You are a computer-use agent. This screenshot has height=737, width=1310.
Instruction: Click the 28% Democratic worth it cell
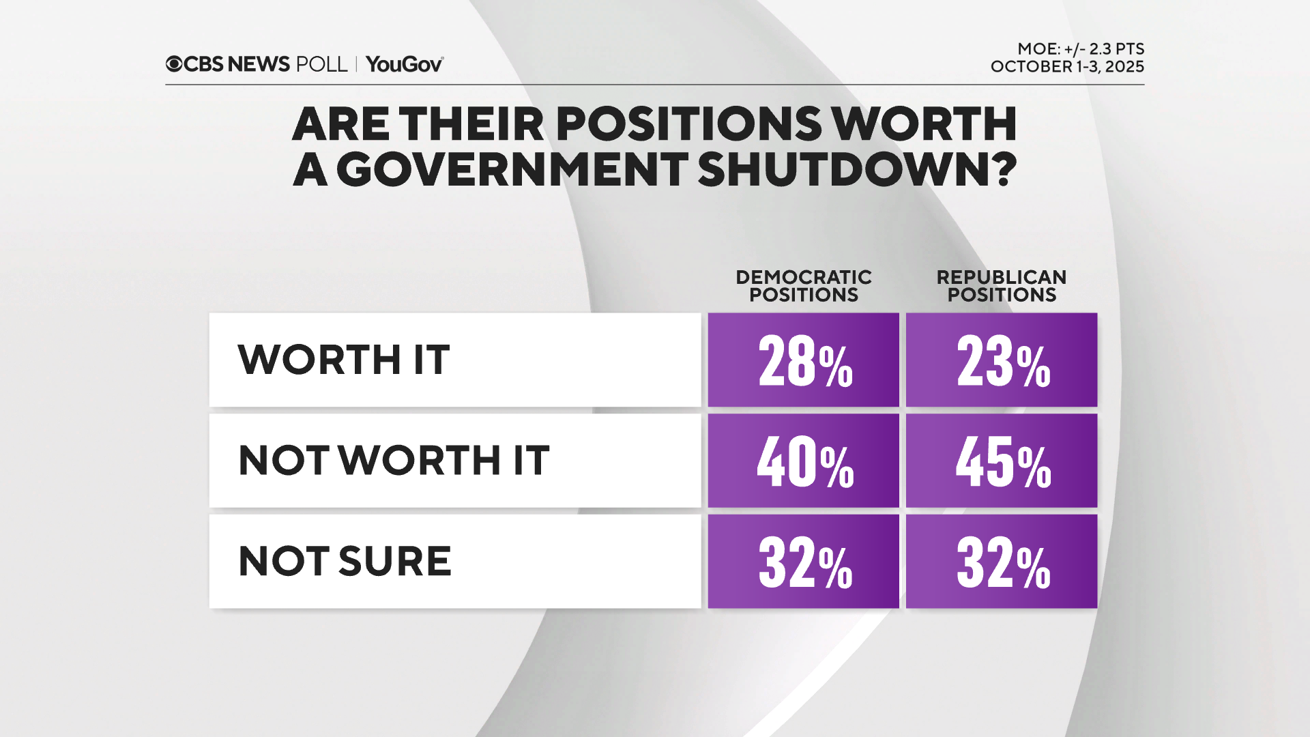click(x=803, y=360)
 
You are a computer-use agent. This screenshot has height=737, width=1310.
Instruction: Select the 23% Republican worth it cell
click(x=1001, y=360)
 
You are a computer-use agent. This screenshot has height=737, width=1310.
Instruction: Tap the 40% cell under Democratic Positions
click(x=803, y=461)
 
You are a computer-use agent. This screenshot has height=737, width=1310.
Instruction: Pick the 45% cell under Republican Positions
click(x=1001, y=461)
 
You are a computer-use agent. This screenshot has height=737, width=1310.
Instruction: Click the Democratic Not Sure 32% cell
click(x=803, y=562)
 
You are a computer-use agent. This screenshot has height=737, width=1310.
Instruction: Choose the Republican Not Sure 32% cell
click(x=1001, y=562)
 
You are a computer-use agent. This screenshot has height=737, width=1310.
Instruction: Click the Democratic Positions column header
click(x=803, y=286)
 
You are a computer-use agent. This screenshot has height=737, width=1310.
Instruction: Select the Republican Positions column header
click(x=1001, y=286)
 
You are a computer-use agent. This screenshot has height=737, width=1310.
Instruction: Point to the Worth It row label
click(x=343, y=360)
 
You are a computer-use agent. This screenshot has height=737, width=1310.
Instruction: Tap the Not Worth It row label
click(x=394, y=461)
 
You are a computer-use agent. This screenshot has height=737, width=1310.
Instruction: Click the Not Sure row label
click(x=345, y=562)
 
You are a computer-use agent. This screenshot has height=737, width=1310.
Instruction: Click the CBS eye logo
click(x=174, y=64)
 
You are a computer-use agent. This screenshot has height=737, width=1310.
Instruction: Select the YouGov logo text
click(x=405, y=64)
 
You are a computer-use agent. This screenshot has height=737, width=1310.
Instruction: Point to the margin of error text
click(x=1080, y=49)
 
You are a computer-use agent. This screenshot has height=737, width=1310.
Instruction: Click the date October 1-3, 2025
click(x=1067, y=67)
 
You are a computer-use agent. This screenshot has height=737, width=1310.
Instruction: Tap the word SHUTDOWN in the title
click(x=857, y=169)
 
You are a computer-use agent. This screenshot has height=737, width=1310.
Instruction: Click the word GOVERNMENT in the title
click(x=511, y=169)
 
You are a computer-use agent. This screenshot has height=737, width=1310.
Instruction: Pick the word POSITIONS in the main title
click(x=689, y=124)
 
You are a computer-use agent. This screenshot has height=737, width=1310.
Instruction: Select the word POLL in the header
click(x=322, y=64)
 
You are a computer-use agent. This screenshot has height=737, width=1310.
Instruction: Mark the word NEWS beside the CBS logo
click(x=259, y=64)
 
